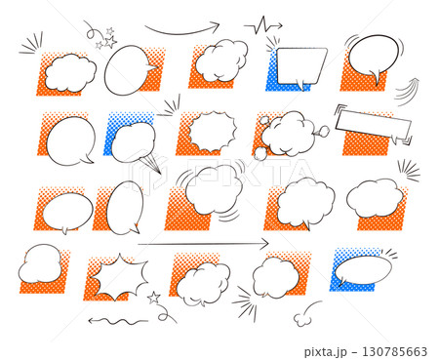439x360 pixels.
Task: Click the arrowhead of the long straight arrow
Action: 265,243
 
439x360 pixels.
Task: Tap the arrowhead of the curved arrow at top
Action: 216,26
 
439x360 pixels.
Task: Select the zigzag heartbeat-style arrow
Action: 263,25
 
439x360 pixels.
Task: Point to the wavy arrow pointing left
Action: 118,321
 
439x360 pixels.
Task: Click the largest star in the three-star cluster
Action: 110,42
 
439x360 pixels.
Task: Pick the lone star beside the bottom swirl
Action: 153,298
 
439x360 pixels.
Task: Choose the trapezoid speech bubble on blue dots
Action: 301,66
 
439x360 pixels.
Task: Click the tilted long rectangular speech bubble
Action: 374,125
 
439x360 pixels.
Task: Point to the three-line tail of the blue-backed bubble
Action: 151,165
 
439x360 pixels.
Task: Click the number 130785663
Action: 394,351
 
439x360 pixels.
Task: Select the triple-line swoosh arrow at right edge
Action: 408,92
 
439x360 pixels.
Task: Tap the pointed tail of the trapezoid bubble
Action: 301,86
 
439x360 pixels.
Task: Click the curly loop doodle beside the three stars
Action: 93,32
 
